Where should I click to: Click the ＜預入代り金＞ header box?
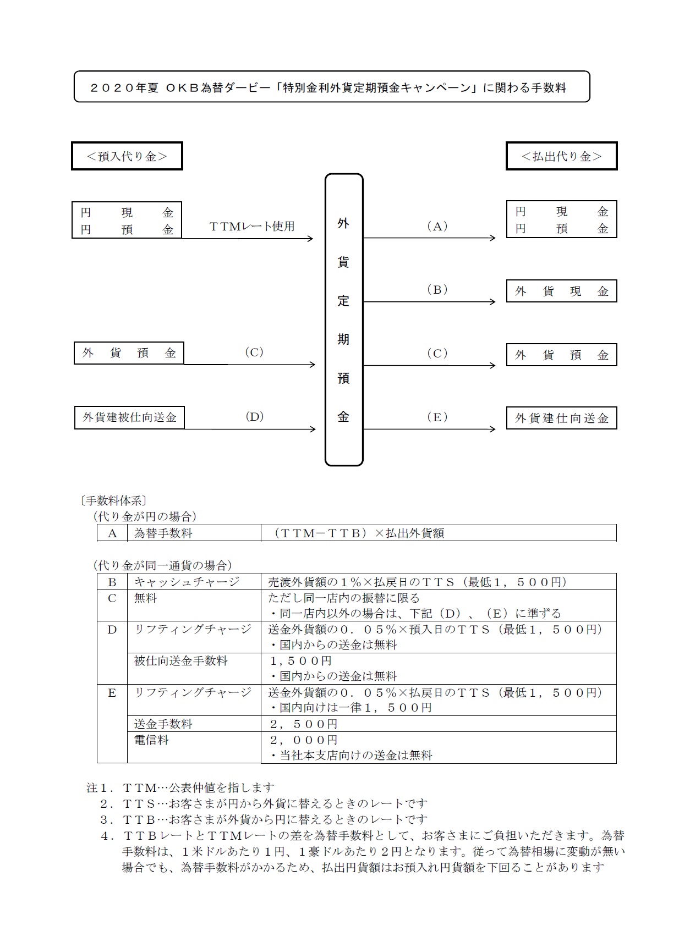tap(127, 156)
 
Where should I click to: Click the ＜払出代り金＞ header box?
tap(561, 156)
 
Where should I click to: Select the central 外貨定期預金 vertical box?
tap(344, 320)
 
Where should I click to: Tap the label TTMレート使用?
tap(252, 226)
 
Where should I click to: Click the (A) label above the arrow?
tap(437, 226)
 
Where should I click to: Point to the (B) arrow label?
tap(437, 289)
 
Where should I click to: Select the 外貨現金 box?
tap(561, 291)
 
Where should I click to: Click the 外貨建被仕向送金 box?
tap(129, 417)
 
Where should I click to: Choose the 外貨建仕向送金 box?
tap(561, 418)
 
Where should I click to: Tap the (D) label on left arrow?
tap(254, 416)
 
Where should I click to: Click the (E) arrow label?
tap(437, 417)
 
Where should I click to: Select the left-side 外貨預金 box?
tap(129, 353)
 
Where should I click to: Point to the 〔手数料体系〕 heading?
tap(113, 500)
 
